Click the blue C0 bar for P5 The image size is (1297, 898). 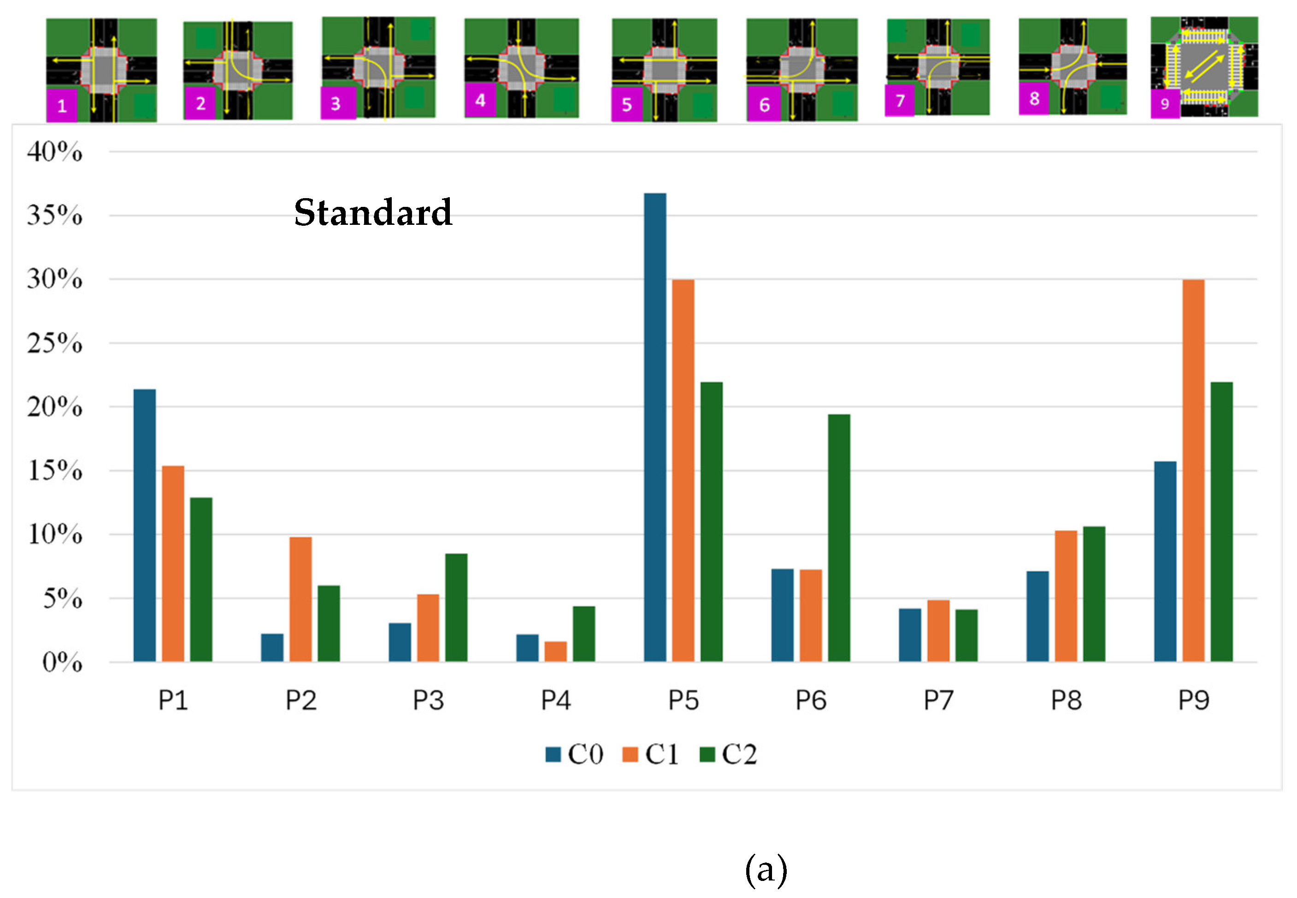655,427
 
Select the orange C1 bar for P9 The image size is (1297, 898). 1193,470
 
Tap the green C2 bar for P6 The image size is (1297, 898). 839,538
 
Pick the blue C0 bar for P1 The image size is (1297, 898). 145,525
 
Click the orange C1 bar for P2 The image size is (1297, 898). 301,599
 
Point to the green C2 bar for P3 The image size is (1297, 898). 456,608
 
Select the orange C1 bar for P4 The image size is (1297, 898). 555,651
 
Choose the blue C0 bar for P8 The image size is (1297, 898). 1037,616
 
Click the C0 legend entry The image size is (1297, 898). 574,754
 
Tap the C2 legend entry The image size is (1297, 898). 729,754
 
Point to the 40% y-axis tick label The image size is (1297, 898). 54,152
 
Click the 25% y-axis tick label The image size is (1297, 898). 54,343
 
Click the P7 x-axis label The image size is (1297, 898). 938,700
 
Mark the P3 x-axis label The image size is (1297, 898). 428,700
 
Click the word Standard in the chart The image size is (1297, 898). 373,213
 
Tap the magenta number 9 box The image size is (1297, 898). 1165,104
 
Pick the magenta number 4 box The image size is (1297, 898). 480,100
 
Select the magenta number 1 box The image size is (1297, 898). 62,105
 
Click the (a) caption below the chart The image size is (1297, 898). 766,870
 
